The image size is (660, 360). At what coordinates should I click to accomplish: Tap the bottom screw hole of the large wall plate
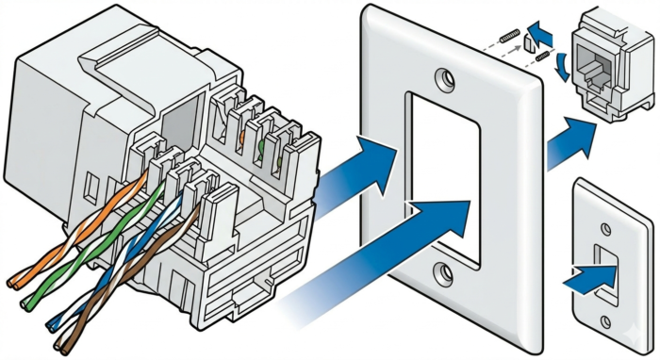(x=442, y=275)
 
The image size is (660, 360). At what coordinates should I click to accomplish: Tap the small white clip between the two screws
(x=531, y=41)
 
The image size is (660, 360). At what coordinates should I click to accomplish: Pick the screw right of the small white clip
(x=543, y=58)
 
